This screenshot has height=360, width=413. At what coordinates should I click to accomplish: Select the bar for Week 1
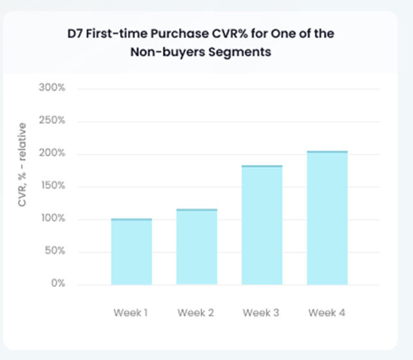131,252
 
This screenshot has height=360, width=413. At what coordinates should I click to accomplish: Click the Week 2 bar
197,247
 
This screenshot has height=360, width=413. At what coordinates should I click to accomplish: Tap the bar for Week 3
262,225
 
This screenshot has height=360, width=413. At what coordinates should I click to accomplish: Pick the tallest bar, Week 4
327,218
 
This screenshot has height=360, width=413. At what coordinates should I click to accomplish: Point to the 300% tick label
52,87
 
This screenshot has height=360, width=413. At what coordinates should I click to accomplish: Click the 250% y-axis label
52,121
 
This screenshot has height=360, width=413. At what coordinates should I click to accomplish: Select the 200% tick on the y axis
52,153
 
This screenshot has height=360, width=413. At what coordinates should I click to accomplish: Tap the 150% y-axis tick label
53,186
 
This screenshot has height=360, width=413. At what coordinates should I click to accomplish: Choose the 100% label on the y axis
53,218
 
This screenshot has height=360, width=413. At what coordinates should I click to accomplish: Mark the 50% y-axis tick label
55,250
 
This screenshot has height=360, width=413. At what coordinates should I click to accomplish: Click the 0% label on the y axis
58,283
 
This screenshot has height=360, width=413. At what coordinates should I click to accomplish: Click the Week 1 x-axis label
130,313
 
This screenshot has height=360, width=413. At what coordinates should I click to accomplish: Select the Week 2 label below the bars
196,313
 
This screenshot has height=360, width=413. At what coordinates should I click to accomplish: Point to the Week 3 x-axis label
261,313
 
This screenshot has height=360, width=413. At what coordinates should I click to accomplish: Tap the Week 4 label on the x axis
327,313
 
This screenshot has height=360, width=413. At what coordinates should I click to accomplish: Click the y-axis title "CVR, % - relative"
22,164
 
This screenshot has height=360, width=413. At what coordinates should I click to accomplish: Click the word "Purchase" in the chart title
179,34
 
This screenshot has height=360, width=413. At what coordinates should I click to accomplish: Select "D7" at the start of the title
75,34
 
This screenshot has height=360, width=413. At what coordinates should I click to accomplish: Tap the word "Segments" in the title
239,52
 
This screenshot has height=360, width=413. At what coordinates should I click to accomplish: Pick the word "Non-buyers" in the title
168,52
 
